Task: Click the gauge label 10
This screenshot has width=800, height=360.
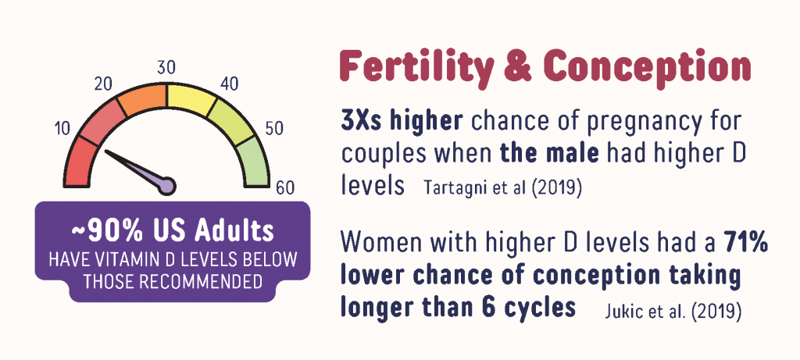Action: (62, 130)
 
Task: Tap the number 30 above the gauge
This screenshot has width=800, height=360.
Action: (166, 68)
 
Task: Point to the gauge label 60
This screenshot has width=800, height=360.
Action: (284, 188)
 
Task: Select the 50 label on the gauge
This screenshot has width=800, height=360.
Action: (274, 129)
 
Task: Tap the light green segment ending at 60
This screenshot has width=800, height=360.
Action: (255, 163)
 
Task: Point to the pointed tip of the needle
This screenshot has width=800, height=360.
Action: (105, 151)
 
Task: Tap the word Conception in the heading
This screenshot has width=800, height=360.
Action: (647, 67)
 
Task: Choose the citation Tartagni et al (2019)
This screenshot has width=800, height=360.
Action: (502, 187)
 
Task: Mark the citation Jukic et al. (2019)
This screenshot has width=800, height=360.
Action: (673, 309)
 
